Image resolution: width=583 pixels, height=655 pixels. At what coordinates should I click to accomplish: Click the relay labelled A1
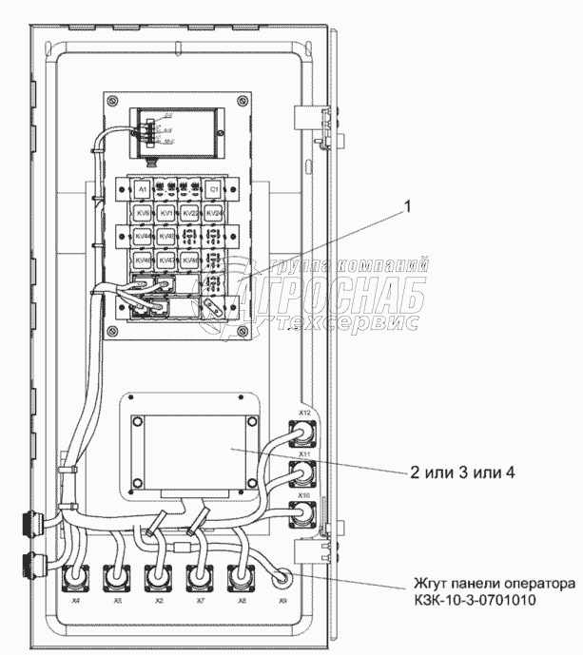coord(141,189)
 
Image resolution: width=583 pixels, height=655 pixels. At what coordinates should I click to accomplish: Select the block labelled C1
coord(214,189)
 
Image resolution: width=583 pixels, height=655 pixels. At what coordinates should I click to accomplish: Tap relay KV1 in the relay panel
coord(165,214)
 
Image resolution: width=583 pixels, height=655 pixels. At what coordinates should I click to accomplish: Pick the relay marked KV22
coord(189,214)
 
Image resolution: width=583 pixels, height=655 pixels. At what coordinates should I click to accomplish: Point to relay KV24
coord(214,214)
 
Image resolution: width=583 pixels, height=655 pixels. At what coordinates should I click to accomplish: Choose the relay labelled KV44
coord(141,237)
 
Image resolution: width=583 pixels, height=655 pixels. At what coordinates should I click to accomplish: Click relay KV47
coord(165,260)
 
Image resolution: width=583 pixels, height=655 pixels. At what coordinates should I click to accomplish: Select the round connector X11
coord(304,472)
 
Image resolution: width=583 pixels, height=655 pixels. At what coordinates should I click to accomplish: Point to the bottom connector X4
coord(75,579)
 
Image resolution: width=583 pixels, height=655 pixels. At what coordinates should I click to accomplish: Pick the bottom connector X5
coord(116,579)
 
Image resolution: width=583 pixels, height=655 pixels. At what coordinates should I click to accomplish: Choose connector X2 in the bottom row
coord(158,579)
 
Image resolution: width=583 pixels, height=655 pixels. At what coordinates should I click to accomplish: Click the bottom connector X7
coord(200,579)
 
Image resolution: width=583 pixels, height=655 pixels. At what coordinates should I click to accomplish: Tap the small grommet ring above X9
coord(282,576)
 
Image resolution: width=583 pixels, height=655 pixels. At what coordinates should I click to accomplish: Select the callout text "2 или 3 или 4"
coord(464,472)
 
